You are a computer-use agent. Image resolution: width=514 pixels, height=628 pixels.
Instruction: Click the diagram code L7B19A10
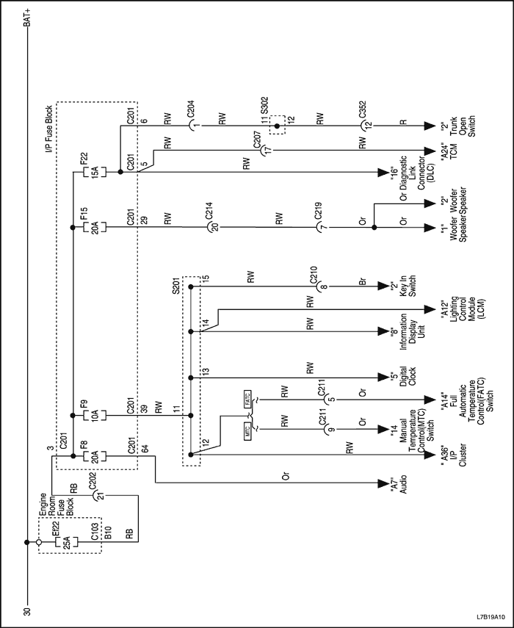tap(489, 616)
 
